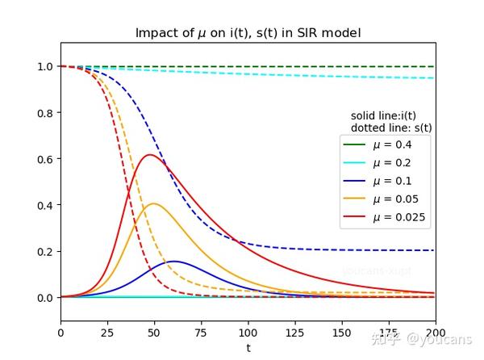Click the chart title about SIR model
pos(248,33)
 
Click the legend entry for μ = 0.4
pos(391,144)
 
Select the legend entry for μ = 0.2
pos(391,162)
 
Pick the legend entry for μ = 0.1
pos(391,181)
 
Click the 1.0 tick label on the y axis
pos(46,67)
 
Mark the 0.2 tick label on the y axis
pos(46,252)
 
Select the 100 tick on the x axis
pos(248,332)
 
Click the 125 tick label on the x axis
pos(294,332)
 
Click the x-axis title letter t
pos(248,347)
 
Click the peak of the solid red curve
pos(148,155)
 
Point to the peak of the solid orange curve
pos(153,203)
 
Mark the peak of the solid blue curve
pos(173,262)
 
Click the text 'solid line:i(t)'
pos(383,116)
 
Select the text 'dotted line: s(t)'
pos(391,128)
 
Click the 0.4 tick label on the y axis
pos(46,205)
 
